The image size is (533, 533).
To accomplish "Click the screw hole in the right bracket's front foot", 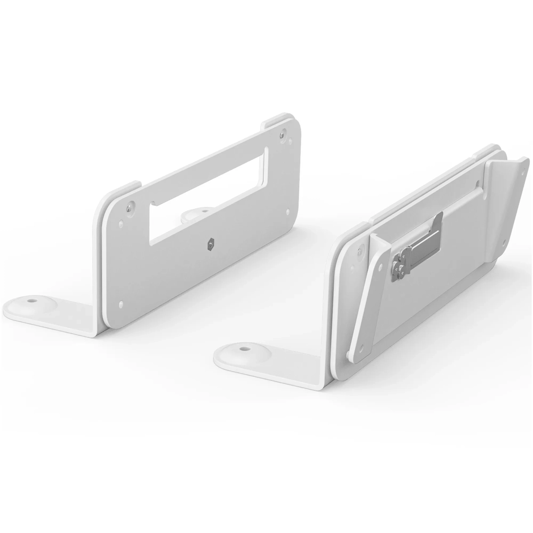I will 241,348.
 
